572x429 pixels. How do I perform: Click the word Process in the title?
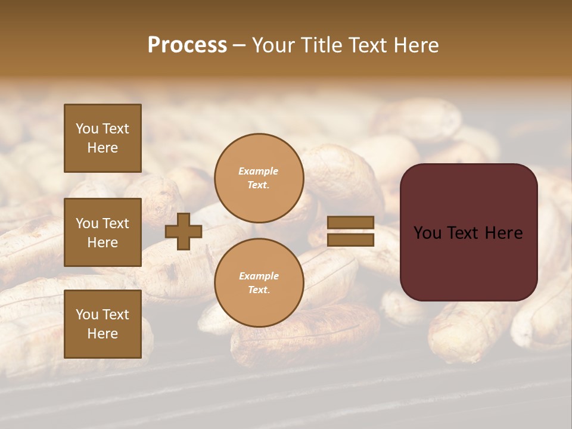pyautogui.click(x=187, y=45)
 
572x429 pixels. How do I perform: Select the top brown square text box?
pyautogui.click(x=102, y=138)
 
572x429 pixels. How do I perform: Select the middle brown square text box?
pyautogui.click(x=102, y=232)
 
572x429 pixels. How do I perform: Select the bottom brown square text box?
pyautogui.click(x=102, y=324)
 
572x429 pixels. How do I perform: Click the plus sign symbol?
pyautogui.click(x=184, y=231)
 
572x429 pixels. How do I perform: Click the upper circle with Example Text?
pyautogui.click(x=259, y=178)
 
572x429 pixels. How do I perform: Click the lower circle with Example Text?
pyautogui.click(x=259, y=282)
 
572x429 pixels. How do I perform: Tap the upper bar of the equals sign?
pyautogui.click(x=350, y=223)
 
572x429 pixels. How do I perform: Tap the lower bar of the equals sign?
pyautogui.click(x=350, y=240)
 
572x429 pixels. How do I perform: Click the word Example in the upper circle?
pyautogui.click(x=258, y=171)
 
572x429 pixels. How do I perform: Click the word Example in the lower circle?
pyautogui.click(x=258, y=276)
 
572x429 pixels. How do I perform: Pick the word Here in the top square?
pyautogui.click(x=102, y=148)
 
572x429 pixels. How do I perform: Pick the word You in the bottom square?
pyautogui.click(x=87, y=315)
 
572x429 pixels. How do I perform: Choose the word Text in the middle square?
pyautogui.click(x=116, y=223)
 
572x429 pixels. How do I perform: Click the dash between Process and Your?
pyautogui.click(x=239, y=46)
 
